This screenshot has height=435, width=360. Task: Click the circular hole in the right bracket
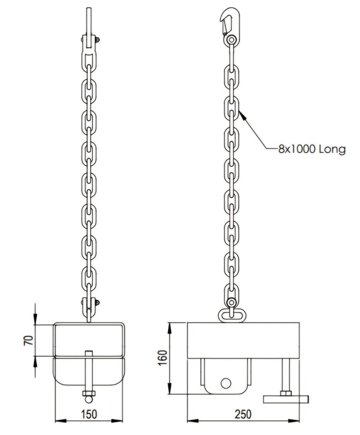point(225,383)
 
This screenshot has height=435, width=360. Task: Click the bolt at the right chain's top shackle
point(230,40)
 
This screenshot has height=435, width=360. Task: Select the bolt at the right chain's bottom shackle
point(230,302)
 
